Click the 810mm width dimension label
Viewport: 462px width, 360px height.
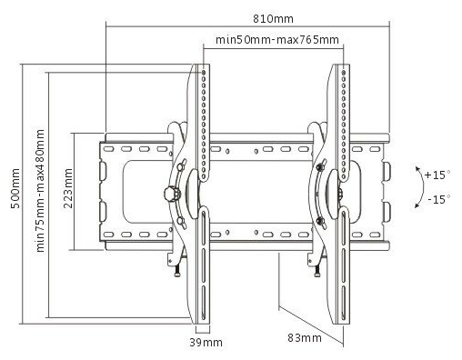pyautogui.click(x=273, y=19)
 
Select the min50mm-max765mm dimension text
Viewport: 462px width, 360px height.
pyautogui.click(x=277, y=40)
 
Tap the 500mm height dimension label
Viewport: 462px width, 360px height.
pyautogui.click(x=15, y=188)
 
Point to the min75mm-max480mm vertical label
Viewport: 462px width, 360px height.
pyautogui.click(x=40, y=191)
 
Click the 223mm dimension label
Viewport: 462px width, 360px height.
pyautogui.click(x=68, y=188)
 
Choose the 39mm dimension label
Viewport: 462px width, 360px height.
pyautogui.click(x=206, y=343)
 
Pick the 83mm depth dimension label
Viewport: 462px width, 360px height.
pyautogui.click(x=305, y=337)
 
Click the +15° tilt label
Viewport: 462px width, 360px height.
pyautogui.click(x=437, y=175)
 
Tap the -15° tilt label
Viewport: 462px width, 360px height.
pyautogui.click(x=438, y=199)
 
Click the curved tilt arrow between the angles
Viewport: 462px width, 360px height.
pyautogui.click(x=423, y=187)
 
